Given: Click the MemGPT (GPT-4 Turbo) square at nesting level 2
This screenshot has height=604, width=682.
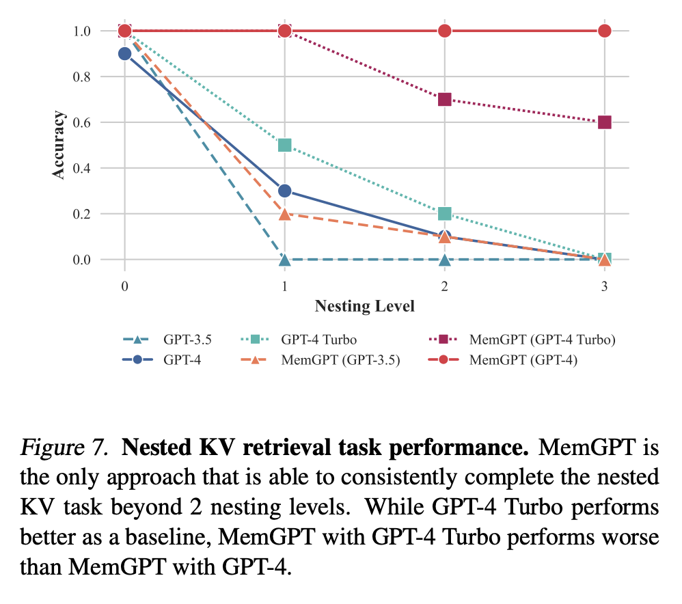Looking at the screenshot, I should coord(444,99).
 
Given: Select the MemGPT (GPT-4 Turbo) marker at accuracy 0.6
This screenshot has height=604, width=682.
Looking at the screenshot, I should coord(604,122).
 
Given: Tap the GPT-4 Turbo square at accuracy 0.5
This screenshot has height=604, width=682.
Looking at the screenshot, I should coord(284,145).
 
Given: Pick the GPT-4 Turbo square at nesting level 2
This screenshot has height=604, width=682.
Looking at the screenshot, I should coord(444,214).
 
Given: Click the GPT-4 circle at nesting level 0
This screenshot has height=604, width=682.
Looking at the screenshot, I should coord(124,53).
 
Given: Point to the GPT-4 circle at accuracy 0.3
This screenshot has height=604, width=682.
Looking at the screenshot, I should coord(284,191).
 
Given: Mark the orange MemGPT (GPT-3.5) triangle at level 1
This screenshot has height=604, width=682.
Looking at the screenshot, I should coord(284,214).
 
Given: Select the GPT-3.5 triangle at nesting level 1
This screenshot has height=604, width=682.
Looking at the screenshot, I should coord(284,260).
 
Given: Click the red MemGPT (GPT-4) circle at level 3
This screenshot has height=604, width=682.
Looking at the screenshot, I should coord(604,31).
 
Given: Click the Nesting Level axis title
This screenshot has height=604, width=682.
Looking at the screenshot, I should coord(364,306).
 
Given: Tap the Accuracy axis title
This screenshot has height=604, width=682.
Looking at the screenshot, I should coord(59,145).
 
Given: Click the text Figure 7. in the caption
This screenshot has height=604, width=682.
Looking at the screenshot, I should coord(63,450).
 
